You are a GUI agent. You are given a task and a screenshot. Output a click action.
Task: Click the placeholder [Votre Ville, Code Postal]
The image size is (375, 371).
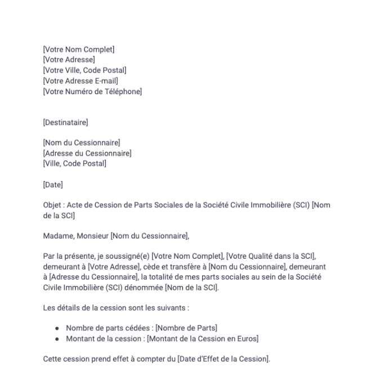point(84,70)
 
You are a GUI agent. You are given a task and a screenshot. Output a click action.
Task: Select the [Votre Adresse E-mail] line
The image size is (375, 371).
point(81,81)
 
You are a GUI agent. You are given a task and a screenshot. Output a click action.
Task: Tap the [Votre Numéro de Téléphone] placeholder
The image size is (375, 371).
point(92,91)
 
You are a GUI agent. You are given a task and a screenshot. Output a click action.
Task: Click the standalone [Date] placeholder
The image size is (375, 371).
point(53,184)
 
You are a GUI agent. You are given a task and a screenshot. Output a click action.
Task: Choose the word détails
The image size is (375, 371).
point(68,308)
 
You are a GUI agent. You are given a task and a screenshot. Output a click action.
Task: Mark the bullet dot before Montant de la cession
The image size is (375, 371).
point(57,338)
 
